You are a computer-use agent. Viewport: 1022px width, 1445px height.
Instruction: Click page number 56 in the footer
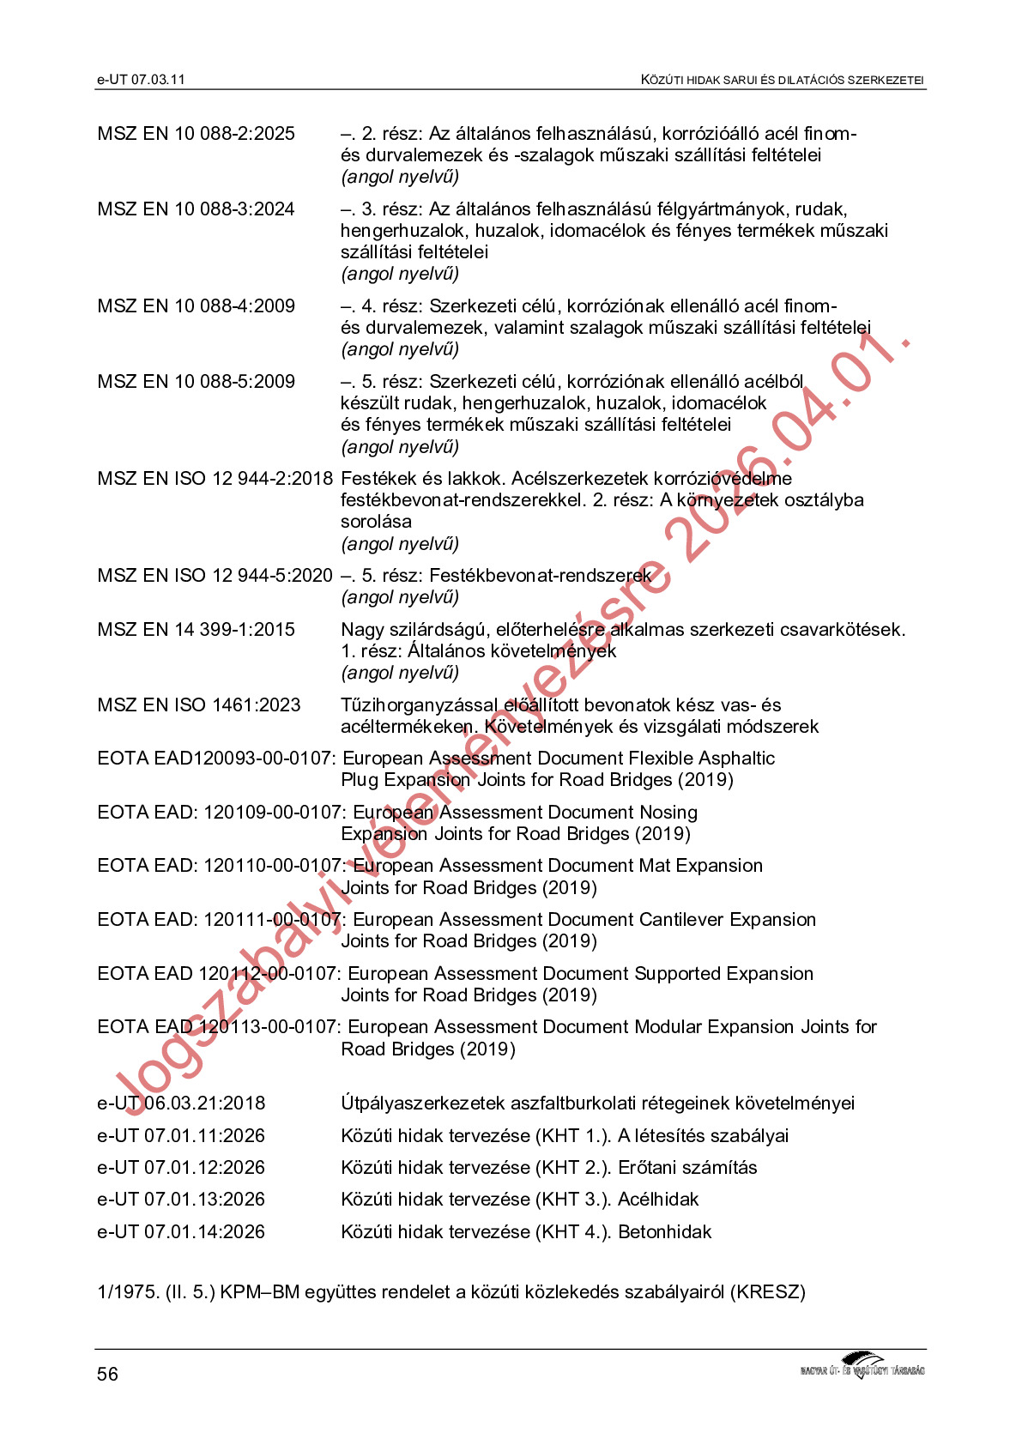[107, 1374]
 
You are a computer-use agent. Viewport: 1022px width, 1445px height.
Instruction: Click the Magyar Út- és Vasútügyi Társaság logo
[862, 1365]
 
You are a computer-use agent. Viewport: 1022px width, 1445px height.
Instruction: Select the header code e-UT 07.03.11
[141, 80]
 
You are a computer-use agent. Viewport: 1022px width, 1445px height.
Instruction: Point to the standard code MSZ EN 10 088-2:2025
[196, 134]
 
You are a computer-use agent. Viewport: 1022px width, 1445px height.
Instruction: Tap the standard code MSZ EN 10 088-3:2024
[196, 209]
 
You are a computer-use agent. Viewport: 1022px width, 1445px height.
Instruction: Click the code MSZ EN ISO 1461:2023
[199, 705]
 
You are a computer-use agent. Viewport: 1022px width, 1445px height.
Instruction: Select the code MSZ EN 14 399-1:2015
[196, 630]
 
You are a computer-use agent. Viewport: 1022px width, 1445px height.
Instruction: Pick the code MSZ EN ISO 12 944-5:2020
[215, 576]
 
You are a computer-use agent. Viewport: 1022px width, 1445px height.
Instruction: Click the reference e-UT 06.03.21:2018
[181, 1103]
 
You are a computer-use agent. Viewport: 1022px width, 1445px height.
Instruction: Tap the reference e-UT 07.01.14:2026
[181, 1232]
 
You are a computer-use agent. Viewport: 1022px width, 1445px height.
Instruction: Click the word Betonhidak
[664, 1232]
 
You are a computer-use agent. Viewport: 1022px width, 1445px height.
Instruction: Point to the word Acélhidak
[658, 1200]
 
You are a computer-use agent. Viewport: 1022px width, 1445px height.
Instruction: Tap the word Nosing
[668, 813]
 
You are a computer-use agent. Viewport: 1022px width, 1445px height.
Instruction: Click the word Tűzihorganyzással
[419, 705]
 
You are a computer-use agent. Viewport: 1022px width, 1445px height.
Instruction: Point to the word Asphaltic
[733, 759]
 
